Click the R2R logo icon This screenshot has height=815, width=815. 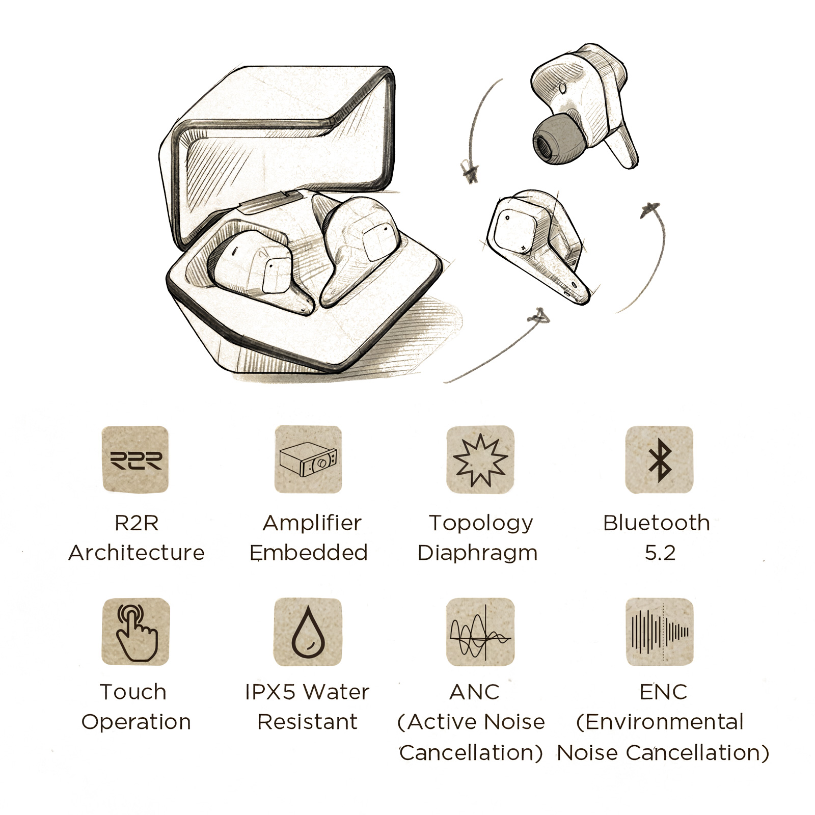[135, 459]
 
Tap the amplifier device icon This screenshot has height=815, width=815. [308, 459]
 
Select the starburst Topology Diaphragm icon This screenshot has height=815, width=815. [480, 459]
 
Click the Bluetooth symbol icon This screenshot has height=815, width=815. [659, 459]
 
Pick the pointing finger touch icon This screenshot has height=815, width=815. [135, 632]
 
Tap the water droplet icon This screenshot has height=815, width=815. [308, 632]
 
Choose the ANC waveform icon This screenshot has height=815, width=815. [480, 632]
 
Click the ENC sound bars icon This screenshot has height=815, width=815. [659, 632]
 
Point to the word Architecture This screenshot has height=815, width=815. [137, 553]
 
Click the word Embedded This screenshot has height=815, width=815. [309, 553]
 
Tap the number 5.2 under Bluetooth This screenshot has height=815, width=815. [660, 553]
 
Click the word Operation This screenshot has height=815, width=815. [136, 722]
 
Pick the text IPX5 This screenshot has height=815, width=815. [270, 692]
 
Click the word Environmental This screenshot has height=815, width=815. [660, 722]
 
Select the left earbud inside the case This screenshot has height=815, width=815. [257, 267]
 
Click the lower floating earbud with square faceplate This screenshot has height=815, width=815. [535, 242]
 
